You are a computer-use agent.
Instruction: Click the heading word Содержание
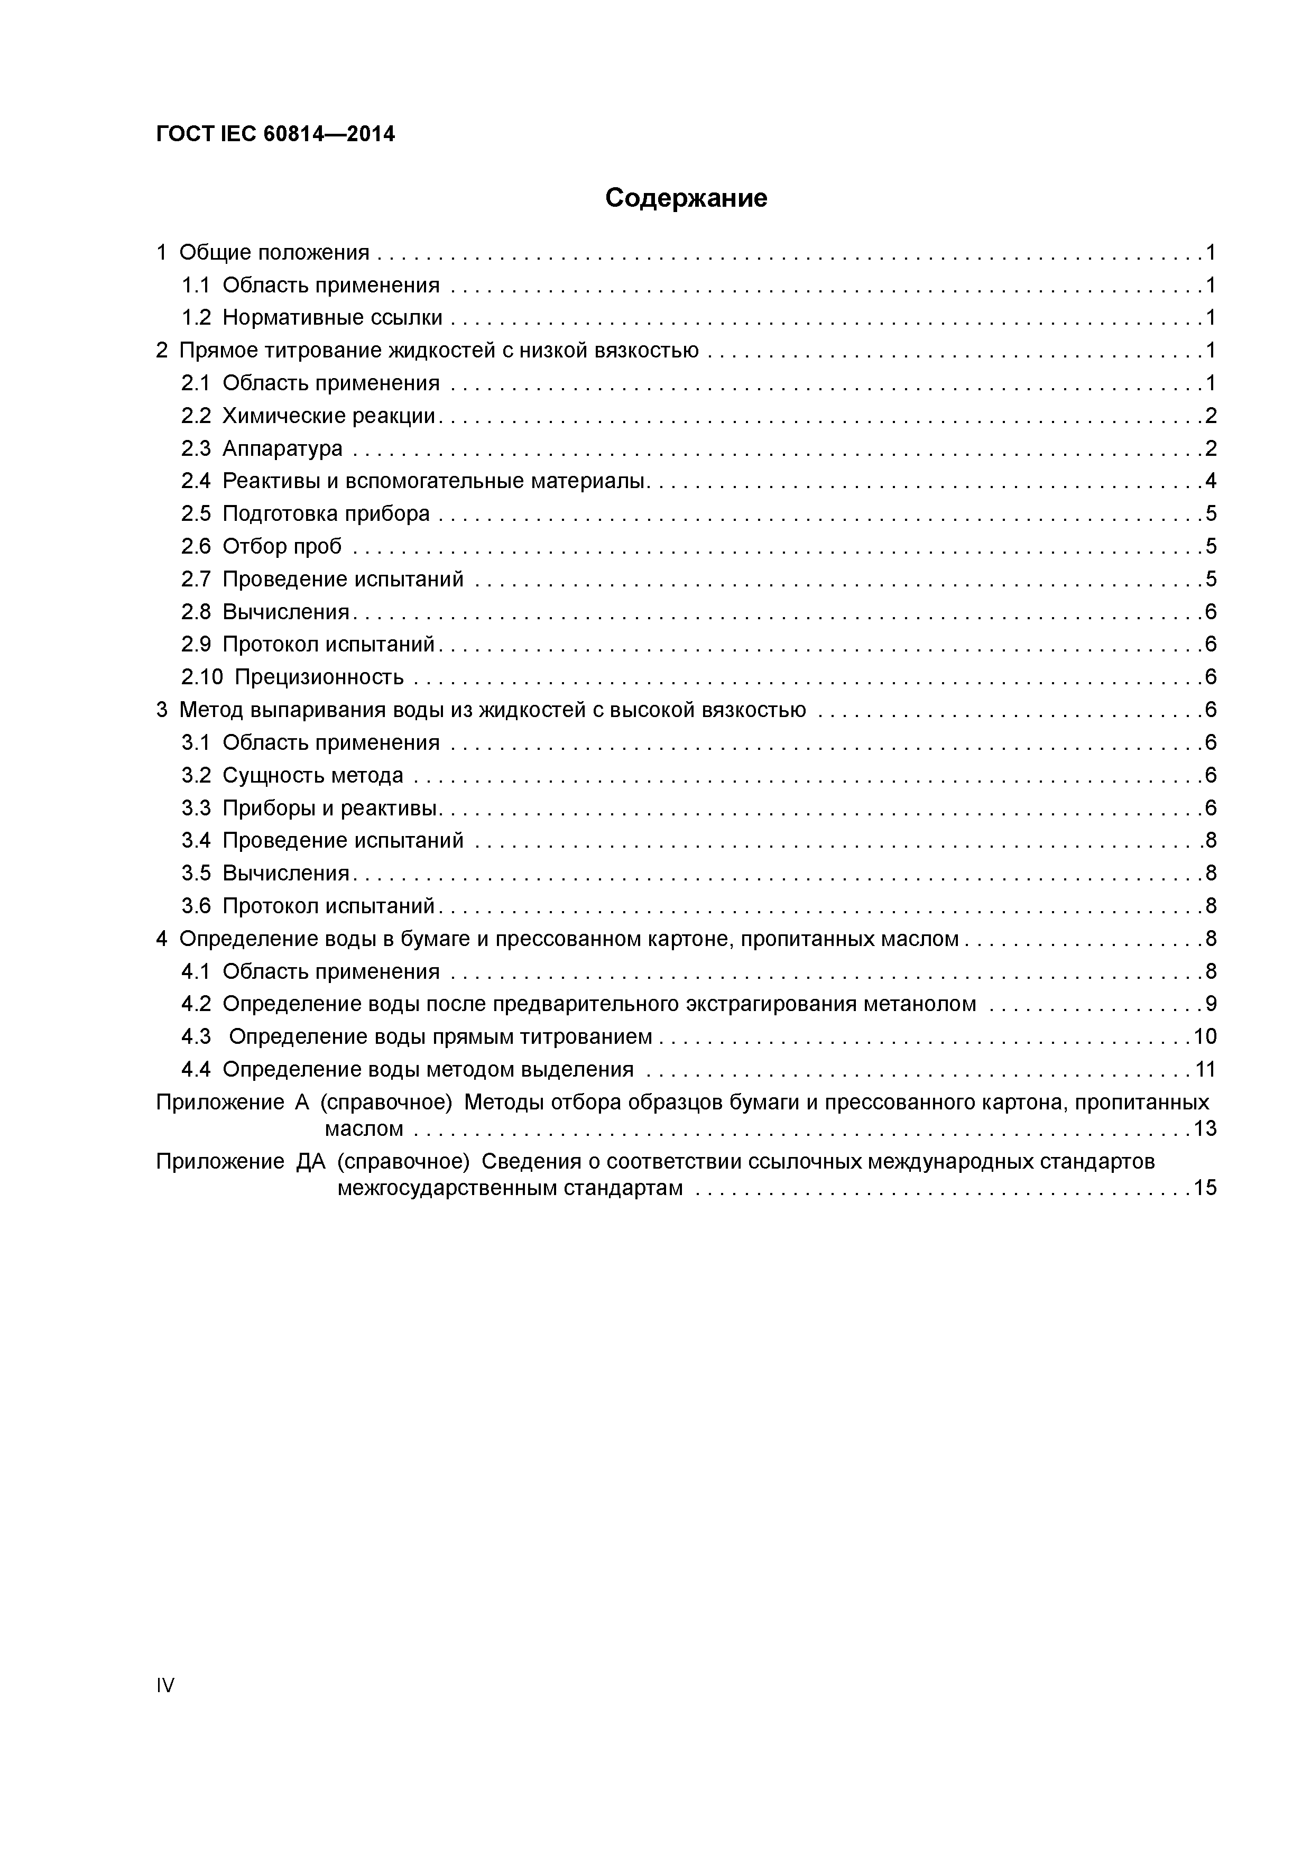tap(686, 198)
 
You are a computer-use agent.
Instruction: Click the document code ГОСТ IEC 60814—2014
tap(275, 134)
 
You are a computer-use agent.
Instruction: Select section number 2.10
tap(202, 677)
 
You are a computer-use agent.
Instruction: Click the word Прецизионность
tap(319, 677)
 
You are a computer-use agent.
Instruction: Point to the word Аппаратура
tap(283, 448)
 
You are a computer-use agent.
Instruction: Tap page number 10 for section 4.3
tap(1204, 1036)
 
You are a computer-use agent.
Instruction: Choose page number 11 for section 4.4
tap(1204, 1070)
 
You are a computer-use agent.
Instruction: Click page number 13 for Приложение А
tap(1204, 1128)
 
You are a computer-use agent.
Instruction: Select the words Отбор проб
tap(282, 547)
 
